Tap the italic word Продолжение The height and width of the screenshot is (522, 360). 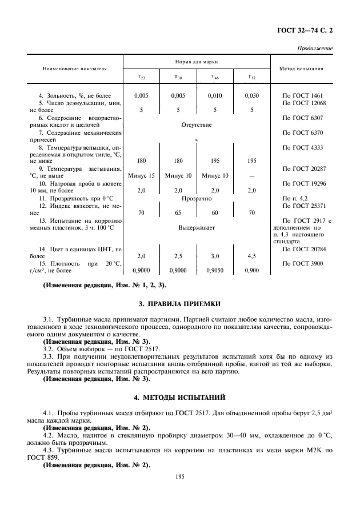[315, 49]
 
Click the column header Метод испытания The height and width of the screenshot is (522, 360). [303, 68]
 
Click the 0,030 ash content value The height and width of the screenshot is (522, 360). [251, 95]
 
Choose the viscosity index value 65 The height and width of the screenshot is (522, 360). [178, 212]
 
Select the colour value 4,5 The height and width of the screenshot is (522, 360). [251, 257]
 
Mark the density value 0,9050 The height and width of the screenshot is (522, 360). [214, 271]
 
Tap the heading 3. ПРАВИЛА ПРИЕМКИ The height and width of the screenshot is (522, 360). [179, 303]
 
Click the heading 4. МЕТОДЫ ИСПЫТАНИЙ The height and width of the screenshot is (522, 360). [179, 395]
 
